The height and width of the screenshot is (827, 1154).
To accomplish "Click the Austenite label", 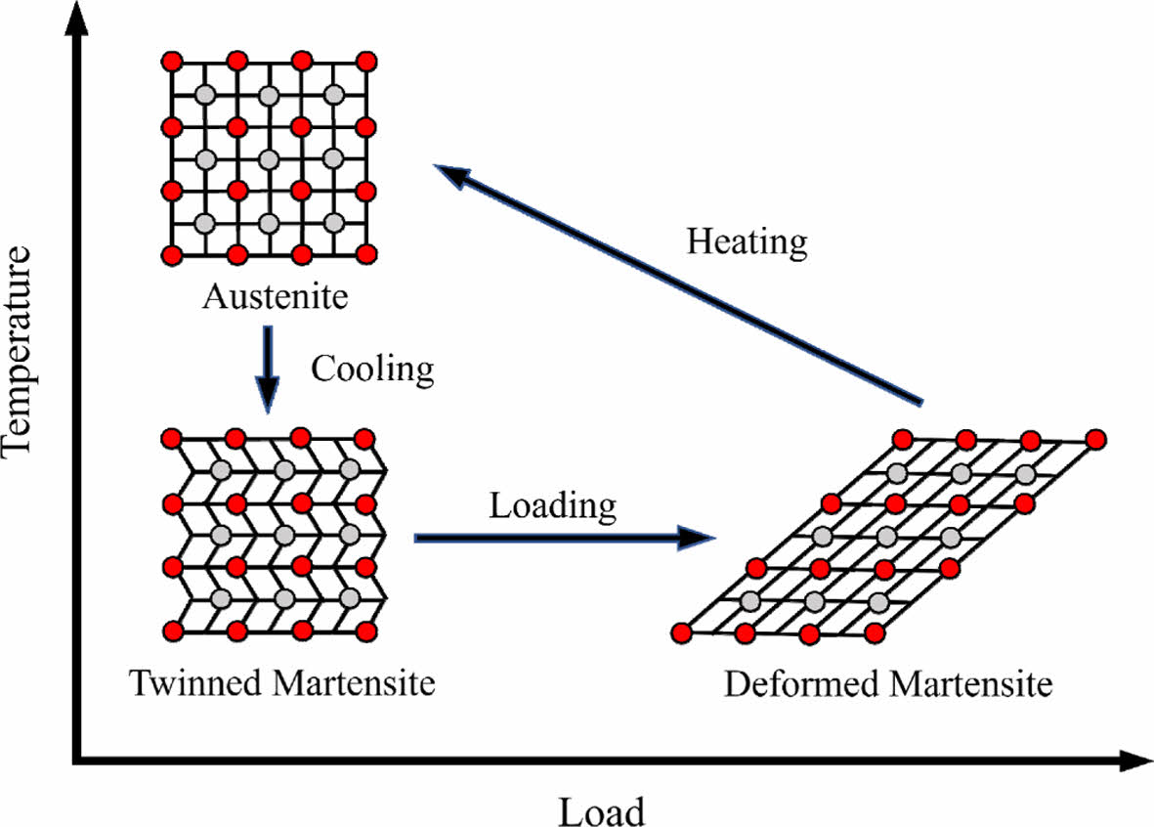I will (x=275, y=295).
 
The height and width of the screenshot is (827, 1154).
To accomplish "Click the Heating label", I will (x=748, y=241).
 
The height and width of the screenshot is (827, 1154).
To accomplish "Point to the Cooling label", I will (x=371, y=369).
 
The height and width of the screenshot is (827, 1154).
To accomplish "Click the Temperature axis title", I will (x=21, y=350).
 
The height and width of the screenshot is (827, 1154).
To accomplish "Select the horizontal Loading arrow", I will (x=561, y=537).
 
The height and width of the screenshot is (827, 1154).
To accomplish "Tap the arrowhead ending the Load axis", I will (x=1133, y=760).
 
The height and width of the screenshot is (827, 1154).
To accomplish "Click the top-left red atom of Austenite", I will (x=172, y=62).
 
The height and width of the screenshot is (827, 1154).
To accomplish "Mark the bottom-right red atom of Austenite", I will (x=366, y=255).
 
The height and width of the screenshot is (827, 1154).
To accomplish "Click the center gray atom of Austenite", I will (x=269, y=158).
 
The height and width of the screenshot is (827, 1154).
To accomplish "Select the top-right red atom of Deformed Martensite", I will (x=1095, y=439).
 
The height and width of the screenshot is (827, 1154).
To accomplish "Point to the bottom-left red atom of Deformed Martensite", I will (x=682, y=633).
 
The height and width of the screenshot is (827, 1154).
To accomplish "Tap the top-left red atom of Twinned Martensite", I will (x=172, y=438).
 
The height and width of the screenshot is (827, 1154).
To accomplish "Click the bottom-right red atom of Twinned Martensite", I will (x=365, y=632).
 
